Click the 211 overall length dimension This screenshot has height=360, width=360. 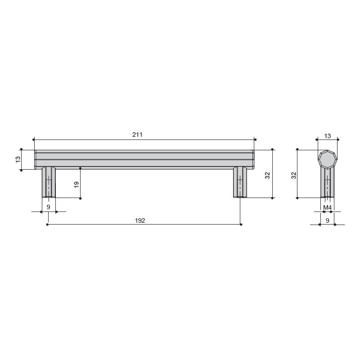pyautogui.click(x=137, y=135)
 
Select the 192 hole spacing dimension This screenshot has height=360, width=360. pyautogui.click(x=140, y=220)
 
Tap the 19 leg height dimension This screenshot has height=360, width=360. pyautogui.click(x=76, y=184)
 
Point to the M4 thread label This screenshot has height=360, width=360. pyautogui.click(x=328, y=207)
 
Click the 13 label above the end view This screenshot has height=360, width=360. pyautogui.click(x=328, y=136)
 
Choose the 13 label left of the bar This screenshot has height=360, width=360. pyautogui.click(x=18, y=159)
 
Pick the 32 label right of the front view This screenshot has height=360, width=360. pyautogui.click(x=267, y=175)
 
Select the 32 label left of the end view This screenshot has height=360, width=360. pyautogui.click(x=294, y=175)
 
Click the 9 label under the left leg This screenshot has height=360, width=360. pyautogui.click(x=48, y=207)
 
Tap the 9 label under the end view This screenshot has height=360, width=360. pyautogui.click(x=328, y=220)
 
